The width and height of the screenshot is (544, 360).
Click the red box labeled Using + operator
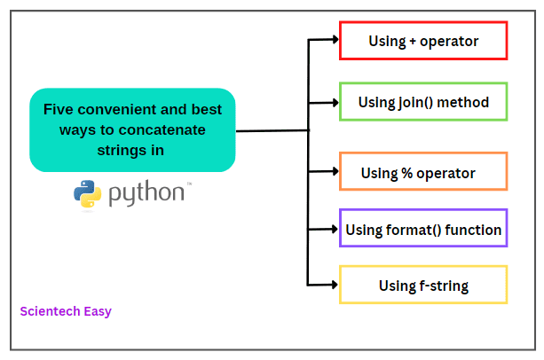(x=423, y=41)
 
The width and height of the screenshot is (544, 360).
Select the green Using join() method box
(x=423, y=102)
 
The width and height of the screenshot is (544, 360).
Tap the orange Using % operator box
(x=423, y=172)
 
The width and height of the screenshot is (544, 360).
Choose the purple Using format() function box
(x=423, y=230)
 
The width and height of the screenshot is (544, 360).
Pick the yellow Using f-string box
(x=423, y=285)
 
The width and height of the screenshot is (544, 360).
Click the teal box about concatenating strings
(x=132, y=129)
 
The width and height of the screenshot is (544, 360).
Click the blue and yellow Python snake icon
(x=87, y=194)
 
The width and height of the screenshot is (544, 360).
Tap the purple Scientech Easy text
(x=66, y=311)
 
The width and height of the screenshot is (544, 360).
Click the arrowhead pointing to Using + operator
(x=334, y=39)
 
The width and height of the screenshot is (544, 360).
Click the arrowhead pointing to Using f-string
(x=334, y=285)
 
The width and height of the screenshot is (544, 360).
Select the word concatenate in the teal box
(x=162, y=130)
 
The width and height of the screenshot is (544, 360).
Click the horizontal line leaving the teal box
(x=271, y=130)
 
